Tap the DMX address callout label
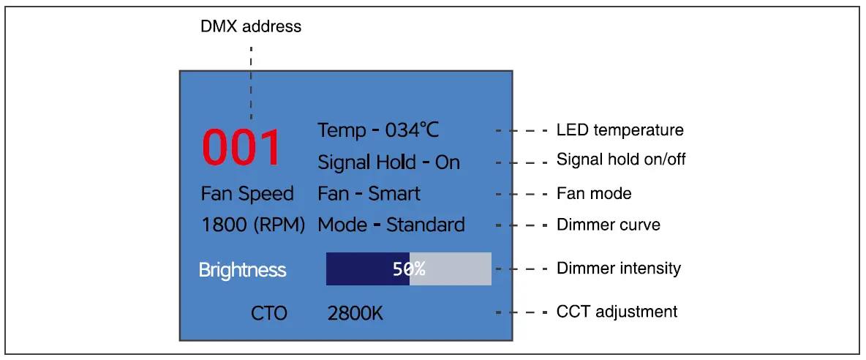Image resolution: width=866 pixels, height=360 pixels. pos(251,27)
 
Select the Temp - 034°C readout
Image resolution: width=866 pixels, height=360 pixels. pos(378,130)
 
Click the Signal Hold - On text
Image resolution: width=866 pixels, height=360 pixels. pos(388,162)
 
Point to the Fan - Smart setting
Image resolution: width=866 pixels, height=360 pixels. pos(369,194)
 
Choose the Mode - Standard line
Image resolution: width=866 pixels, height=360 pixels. pos(391,225)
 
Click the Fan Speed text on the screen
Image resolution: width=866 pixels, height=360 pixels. pos(246,194)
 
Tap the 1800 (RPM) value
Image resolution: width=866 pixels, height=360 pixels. pos(252,225)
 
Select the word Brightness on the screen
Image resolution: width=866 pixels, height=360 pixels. pos(242,270)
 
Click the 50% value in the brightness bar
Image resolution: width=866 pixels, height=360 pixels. pos(408,269)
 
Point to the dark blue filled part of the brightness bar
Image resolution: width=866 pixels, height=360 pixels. pos(358,269)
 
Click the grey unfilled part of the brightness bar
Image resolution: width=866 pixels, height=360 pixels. pos(461,269)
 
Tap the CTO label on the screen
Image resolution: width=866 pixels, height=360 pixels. pos(268,314)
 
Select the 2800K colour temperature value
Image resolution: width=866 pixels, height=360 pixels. pos(355,314)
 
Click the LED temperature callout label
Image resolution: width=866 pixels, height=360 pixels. pos(620,130)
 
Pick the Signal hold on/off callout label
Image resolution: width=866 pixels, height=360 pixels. pos(621,159)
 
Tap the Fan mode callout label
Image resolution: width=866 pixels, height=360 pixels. pos(594,194)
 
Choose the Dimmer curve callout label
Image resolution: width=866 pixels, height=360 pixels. pos(609,225)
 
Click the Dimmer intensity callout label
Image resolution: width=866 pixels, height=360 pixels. pos(619,269)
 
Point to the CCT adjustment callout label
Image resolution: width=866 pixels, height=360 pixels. pos(617,312)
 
